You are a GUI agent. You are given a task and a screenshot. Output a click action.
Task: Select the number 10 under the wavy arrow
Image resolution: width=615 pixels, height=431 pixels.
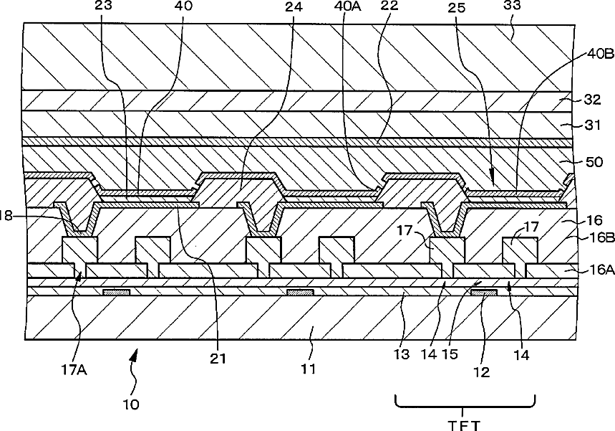(131, 403)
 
